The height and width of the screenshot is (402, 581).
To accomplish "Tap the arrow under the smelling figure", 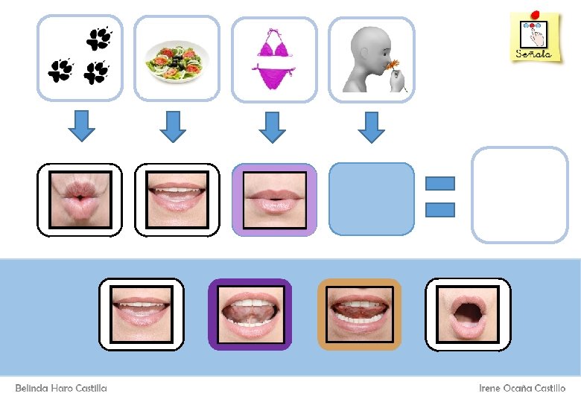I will tap(371, 126).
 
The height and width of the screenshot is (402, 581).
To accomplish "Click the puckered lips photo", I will tap(80, 200).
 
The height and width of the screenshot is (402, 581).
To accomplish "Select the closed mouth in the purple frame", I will tap(274, 200).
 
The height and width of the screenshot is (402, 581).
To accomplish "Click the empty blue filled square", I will tap(371, 200).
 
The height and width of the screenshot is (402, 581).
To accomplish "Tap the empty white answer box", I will tap(520, 195).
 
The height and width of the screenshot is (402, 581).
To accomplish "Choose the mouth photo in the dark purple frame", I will tap(250, 314).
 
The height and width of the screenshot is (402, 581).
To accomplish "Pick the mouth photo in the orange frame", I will tap(360, 314).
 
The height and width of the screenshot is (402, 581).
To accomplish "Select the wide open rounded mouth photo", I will tap(468, 314).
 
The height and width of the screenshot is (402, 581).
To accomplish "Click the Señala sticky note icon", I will tap(534, 37).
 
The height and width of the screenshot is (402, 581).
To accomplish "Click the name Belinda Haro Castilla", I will tap(61, 388).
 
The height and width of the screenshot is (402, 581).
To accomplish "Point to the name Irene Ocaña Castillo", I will tap(521, 388).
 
